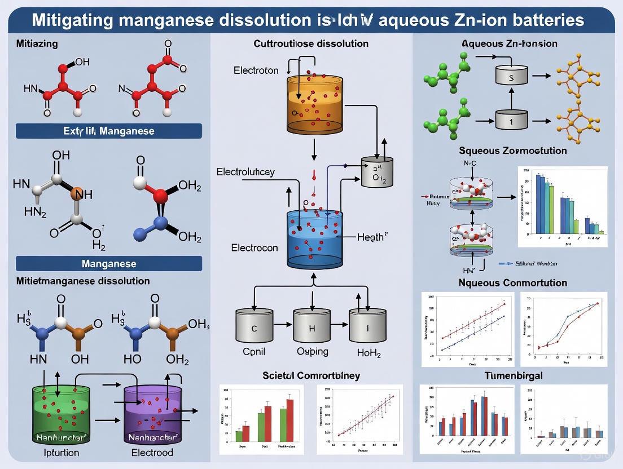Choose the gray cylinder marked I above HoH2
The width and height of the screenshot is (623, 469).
click(367, 325)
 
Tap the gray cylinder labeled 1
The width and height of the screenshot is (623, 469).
click(511, 118)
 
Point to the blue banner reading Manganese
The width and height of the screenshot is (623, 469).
click(109, 263)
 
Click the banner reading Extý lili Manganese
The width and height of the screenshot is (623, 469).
click(109, 131)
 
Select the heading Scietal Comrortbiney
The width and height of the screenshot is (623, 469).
click(311, 375)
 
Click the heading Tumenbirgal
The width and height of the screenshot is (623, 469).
click(513, 375)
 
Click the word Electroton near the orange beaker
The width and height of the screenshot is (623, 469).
click(256, 70)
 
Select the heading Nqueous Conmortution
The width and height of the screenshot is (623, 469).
click(513, 282)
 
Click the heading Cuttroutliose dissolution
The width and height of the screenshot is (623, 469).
click(311, 43)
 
